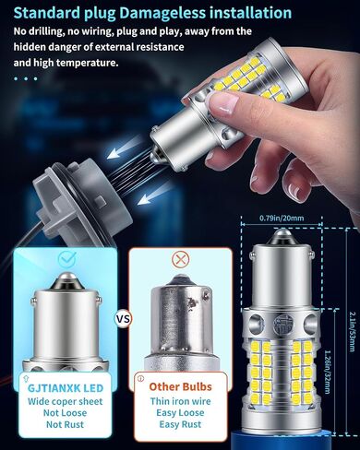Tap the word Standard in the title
pyautogui.click(x=64, y=13)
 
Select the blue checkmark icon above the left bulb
pyautogui.click(x=67, y=258)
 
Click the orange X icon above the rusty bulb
pyautogui.click(x=181, y=260)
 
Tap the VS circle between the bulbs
pyautogui.click(x=123, y=319)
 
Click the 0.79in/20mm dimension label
pyautogui.click(x=282, y=219)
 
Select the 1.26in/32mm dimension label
pyautogui.click(x=328, y=373)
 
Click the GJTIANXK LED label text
pyautogui.click(x=66, y=388)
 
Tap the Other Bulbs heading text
pyautogui.click(x=181, y=386)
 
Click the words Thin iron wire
pyautogui.click(x=181, y=401)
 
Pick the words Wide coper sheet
pyautogui.click(x=65, y=401)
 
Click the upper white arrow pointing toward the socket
pyautogui.click(x=122, y=151)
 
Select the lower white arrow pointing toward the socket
pyautogui.click(x=153, y=194)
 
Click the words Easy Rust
pyautogui.click(x=180, y=424)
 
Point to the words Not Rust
pyautogui.click(x=65, y=424)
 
